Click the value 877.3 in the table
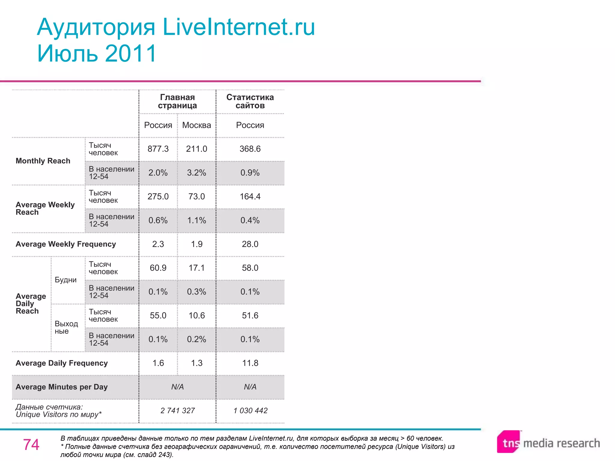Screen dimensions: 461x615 click(x=158, y=149)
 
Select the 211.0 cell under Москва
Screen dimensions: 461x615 click(x=196, y=149)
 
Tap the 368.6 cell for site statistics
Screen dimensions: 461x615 click(x=250, y=149)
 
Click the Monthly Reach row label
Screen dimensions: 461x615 click(x=43, y=161)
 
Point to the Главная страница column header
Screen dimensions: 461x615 click(x=177, y=101)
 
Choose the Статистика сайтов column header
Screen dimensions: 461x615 click(x=250, y=101)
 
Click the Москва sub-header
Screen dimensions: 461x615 click(x=196, y=125)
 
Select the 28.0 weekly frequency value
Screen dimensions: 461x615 click(x=250, y=244)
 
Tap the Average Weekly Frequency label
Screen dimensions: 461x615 click(x=66, y=244)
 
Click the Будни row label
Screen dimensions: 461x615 click(x=65, y=280)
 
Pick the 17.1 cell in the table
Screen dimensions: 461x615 click(x=196, y=268)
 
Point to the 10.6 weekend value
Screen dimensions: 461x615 click(x=196, y=315)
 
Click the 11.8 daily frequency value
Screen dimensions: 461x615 click(x=250, y=363)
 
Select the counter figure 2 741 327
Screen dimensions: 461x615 click(x=177, y=411)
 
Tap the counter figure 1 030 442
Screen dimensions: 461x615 click(x=250, y=411)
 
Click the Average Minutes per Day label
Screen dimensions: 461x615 click(x=62, y=387)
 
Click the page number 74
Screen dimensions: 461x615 click(x=31, y=444)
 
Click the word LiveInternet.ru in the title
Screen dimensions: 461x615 click(x=239, y=27)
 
